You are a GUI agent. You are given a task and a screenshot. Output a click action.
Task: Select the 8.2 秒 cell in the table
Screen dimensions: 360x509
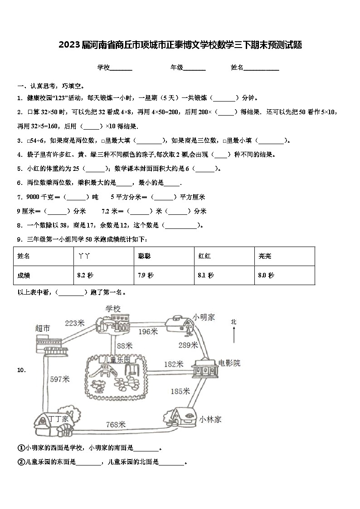[x=85, y=275]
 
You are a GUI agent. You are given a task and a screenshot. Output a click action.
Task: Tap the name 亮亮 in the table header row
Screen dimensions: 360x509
[x=265, y=256]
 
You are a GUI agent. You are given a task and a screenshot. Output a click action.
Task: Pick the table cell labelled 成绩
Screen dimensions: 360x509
[x=24, y=275]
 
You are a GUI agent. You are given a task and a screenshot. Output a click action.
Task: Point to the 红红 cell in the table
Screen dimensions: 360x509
[x=204, y=256]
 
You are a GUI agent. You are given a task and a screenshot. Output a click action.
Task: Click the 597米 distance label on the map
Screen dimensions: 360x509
[x=60, y=379]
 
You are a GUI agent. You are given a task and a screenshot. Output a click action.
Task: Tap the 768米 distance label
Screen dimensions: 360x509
[x=116, y=424]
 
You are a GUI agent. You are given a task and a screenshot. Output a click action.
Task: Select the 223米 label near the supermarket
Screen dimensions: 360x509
[x=75, y=323]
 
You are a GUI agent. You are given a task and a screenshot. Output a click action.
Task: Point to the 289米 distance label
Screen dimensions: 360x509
[x=188, y=345]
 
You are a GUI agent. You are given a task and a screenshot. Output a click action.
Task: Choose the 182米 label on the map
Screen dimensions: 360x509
[x=173, y=364]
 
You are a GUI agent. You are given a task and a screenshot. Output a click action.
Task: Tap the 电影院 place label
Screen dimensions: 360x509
[x=229, y=363]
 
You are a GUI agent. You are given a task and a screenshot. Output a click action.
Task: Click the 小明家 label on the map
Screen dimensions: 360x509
[x=204, y=317]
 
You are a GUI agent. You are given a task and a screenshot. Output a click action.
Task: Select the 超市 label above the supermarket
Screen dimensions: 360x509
[x=43, y=328]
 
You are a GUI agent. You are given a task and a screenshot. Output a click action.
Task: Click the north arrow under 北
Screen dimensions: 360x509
[x=234, y=336]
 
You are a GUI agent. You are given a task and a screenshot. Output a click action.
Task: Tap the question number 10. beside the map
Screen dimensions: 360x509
[x=22, y=370]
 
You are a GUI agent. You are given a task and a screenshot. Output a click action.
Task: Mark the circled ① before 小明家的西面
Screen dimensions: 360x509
[x=21, y=448]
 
